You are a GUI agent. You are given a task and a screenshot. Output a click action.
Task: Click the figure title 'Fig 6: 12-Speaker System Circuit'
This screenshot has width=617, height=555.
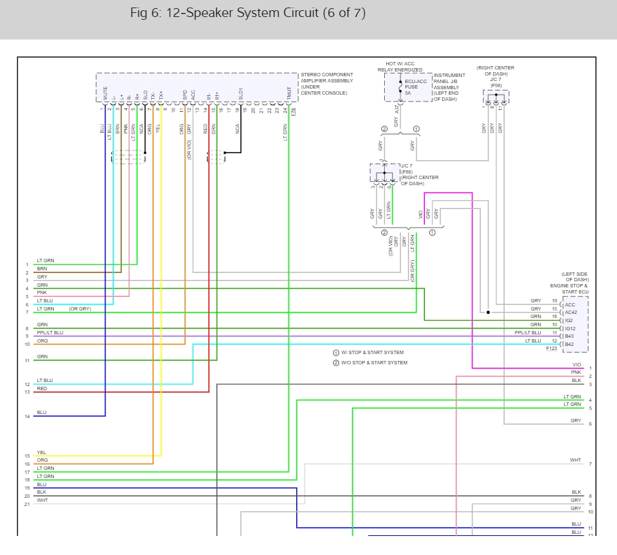248,14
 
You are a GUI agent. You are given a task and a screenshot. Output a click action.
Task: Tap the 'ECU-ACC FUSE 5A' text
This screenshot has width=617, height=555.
415,86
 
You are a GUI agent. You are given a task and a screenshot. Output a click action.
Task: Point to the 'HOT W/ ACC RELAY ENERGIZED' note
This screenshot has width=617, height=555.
400,67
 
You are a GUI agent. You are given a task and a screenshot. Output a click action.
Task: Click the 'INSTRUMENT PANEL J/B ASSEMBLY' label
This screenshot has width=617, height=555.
449,86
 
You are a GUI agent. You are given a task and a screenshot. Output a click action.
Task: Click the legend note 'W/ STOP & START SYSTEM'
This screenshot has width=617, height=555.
372,353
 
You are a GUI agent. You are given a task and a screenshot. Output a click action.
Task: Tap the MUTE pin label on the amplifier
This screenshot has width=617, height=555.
106,93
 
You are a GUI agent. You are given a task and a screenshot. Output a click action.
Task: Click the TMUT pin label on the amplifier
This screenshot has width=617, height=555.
289,93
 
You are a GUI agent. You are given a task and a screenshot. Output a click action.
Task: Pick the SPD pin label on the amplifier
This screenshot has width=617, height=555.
185,94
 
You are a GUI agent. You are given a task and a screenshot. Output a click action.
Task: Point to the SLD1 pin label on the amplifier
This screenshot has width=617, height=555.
240,93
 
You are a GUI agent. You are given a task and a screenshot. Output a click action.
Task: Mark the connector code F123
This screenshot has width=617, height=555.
552,349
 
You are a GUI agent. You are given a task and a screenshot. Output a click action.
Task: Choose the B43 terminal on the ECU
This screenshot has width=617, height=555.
570,336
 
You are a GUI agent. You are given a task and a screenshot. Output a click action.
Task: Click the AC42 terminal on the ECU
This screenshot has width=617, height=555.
571,313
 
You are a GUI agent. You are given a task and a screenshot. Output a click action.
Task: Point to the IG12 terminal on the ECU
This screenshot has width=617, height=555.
571,328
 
